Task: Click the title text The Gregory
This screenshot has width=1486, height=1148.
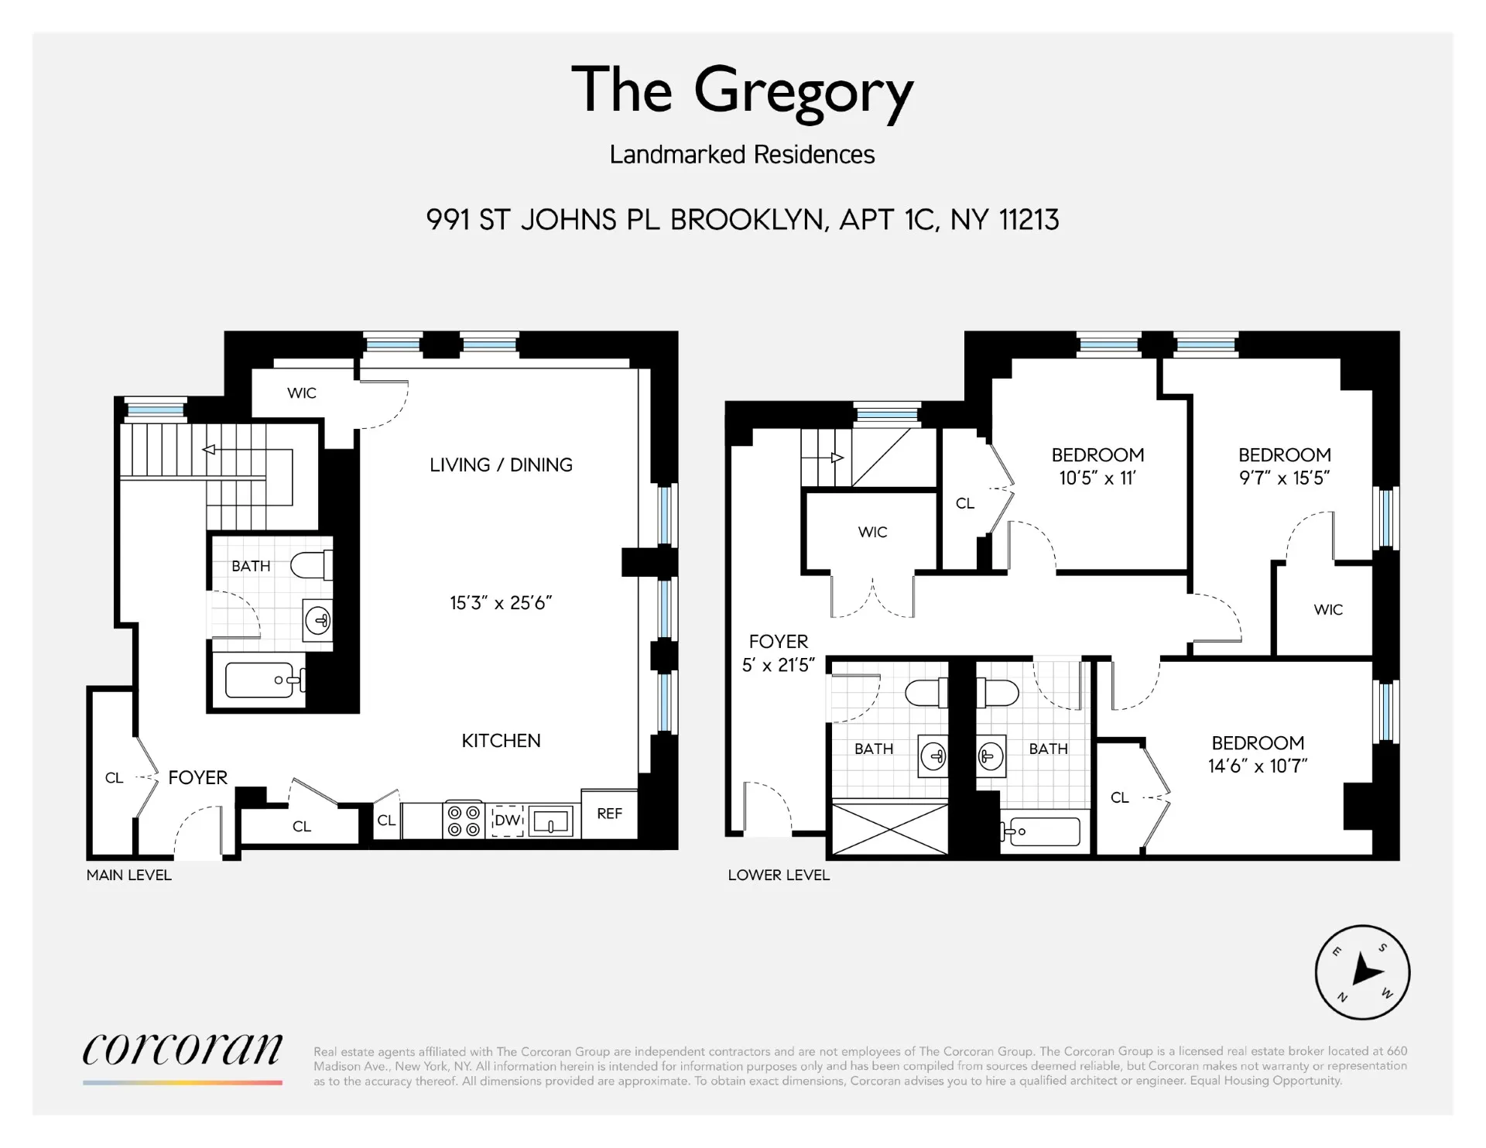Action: point(741,91)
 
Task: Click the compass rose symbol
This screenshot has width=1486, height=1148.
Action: point(1362,972)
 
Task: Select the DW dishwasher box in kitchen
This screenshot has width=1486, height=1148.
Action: point(508,821)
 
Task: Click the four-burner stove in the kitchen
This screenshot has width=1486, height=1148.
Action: point(463,821)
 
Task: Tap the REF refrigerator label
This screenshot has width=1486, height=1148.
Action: point(609,814)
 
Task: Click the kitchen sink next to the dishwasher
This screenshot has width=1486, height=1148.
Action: point(551,821)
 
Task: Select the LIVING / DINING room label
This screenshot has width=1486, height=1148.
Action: point(501,465)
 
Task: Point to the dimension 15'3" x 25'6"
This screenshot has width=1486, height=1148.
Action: point(501,603)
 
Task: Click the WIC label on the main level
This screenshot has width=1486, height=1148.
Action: point(301,393)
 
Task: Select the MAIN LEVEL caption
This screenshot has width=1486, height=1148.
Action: point(128,876)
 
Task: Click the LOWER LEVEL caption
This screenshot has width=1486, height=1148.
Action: point(778,876)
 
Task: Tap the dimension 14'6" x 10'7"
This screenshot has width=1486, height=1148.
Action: point(1257,766)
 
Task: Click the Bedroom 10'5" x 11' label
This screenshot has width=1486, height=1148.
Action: point(1097,466)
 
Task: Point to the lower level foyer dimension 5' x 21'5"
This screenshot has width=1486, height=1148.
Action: point(778,666)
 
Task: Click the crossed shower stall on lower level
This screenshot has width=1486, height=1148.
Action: point(889,829)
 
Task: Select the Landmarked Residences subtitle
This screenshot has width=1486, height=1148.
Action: point(741,155)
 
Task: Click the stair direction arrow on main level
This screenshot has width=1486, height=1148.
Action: point(209,450)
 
